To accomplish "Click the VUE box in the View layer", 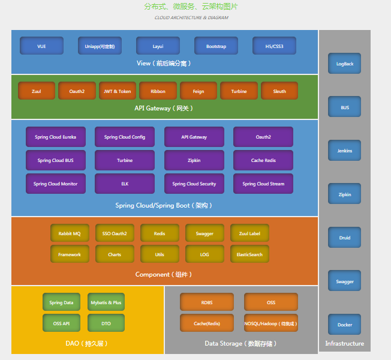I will pyautogui.click(x=41, y=46).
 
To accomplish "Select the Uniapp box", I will pyautogui.click(x=100, y=46).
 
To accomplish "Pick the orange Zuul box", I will pyautogui.click(x=37, y=91).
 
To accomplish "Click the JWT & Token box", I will pyautogui.click(x=118, y=91).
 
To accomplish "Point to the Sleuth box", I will pyautogui.click(x=279, y=91).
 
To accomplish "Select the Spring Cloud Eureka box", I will pyautogui.click(x=56, y=137).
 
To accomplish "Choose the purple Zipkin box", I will pyautogui.click(x=194, y=160).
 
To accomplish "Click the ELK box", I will pyautogui.click(x=125, y=184).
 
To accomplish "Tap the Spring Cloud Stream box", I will pyautogui.click(x=263, y=184).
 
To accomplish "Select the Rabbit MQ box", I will pyautogui.click(x=70, y=233).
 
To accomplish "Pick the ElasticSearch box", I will pyautogui.click(x=249, y=254).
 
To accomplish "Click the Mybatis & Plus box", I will pyautogui.click(x=106, y=302).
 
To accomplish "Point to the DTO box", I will pyautogui.click(x=106, y=323).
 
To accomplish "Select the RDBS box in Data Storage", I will pyautogui.click(x=207, y=302).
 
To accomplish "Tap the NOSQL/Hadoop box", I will pyautogui.click(x=271, y=323).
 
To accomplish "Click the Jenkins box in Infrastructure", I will pyautogui.click(x=344, y=151).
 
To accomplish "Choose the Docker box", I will pyautogui.click(x=344, y=325).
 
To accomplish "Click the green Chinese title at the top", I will pyautogui.click(x=191, y=7).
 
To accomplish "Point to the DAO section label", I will pyautogui.click(x=87, y=344).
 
